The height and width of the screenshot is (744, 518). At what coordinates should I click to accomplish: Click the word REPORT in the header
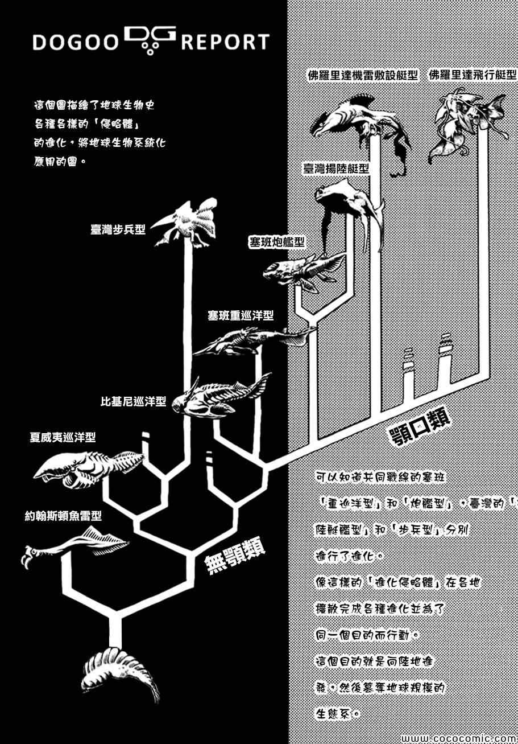pos(225,43)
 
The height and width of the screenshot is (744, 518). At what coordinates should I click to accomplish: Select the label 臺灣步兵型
pos(118,229)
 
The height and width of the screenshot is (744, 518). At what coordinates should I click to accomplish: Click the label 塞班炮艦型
pos(276,243)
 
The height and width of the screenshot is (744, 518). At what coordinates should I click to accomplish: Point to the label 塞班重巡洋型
pos(241,315)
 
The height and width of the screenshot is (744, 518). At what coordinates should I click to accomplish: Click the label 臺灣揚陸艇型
pos(335,168)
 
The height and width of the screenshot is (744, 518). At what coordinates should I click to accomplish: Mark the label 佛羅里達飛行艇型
pos(473,75)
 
